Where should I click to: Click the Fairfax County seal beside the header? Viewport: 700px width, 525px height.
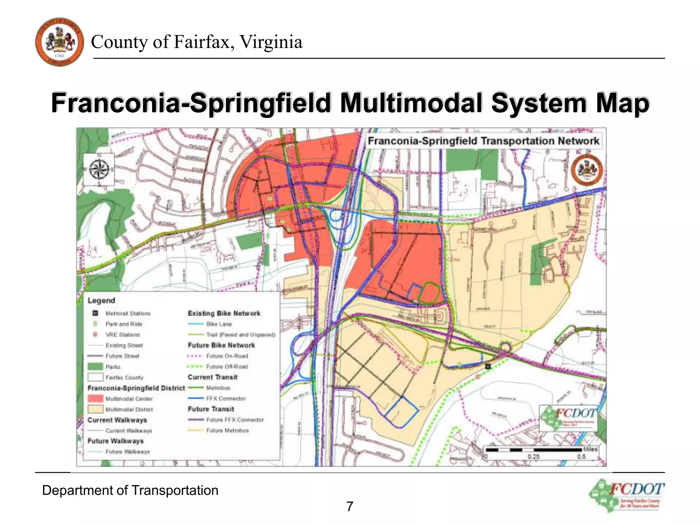click(x=59, y=42)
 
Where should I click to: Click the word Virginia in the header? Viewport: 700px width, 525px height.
click(x=270, y=42)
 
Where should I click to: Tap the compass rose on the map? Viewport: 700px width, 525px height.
click(x=99, y=170)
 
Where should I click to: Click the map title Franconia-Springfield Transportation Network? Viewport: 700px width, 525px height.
click(x=483, y=141)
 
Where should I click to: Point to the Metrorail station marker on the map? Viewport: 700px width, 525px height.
click(x=488, y=366)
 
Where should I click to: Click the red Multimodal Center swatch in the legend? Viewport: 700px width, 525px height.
click(x=95, y=399)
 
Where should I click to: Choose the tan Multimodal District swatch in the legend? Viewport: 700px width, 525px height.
click(x=95, y=409)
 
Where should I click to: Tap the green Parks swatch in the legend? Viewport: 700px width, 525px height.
click(x=95, y=366)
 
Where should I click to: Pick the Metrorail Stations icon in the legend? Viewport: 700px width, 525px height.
click(x=95, y=313)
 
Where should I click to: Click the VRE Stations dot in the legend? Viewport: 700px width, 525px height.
click(x=95, y=334)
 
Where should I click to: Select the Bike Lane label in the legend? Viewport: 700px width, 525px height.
click(x=219, y=324)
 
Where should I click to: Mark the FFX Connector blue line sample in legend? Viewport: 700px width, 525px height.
click(x=196, y=399)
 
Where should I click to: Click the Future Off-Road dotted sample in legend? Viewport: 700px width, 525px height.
click(x=196, y=366)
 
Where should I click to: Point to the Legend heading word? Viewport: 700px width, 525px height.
click(x=101, y=300)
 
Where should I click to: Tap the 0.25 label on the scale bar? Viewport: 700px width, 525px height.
click(x=533, y=457)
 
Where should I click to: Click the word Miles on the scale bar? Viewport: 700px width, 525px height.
click(x=590, y=449)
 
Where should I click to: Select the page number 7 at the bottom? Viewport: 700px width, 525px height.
click(x=350, y=507)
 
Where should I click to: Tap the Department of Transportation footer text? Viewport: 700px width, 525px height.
click(x=130, y=490)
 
